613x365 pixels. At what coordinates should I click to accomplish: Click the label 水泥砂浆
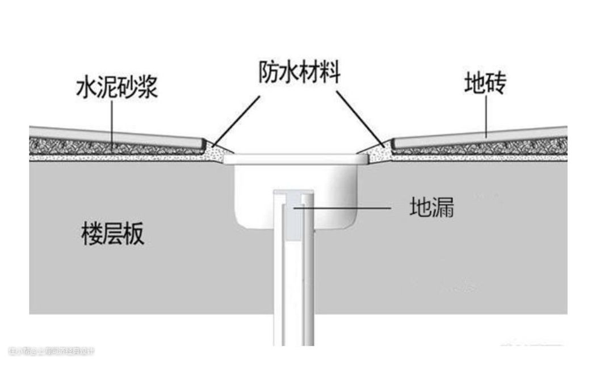click(116, 88)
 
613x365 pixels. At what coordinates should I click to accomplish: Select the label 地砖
click(485, 84)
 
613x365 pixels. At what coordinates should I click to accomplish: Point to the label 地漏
click(431, 208)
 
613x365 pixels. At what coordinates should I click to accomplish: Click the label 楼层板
click(113, 233)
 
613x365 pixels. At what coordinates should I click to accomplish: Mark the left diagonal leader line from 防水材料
click(237, 119)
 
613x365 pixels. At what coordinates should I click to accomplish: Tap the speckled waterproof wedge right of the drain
click(377, 151)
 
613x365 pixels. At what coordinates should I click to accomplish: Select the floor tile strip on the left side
click(114, 136)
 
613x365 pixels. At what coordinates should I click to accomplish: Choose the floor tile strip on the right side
click(482, 135)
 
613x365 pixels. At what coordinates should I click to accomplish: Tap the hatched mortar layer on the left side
click(114, 147)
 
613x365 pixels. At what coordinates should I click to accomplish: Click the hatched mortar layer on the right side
click(482, 147)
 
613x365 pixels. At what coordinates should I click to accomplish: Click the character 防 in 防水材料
click(270, 73)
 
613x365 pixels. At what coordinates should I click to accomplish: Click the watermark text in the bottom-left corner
click(52, 351)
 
